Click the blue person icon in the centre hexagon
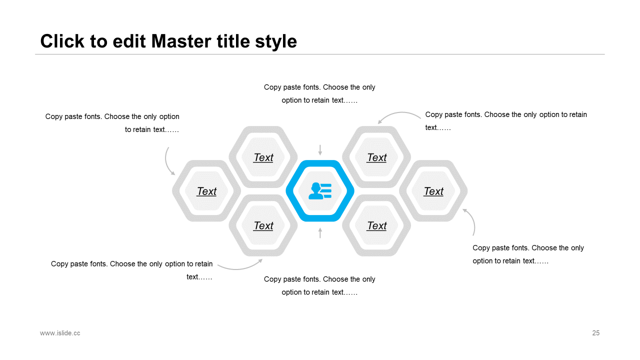320,191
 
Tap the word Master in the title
181,41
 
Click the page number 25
595,333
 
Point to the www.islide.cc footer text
60,333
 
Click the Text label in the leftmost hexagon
206,191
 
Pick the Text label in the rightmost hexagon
433,191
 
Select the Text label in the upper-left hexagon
263,157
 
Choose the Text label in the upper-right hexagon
376,157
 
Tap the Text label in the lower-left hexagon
263,225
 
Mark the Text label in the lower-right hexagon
376,225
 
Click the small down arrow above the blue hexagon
320,150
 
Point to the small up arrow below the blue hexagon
320,233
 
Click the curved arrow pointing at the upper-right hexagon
400,113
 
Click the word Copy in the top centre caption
272,87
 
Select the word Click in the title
62,41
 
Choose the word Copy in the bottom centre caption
272,279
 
